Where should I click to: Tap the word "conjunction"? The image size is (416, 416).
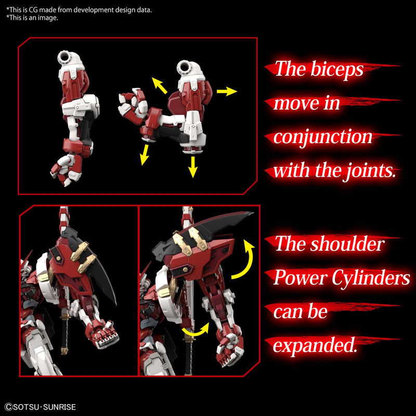pyautogui.click(x=323, y=137)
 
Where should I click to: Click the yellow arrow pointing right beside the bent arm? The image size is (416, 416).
pyautogui.click(x=226, y=92)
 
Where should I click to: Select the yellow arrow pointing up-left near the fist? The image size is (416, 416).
pyautogui.click(x=159, y=85)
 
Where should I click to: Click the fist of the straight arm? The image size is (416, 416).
pyautogui.click(x=62, y=169)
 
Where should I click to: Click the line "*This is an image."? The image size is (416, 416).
pyautogui.click(x=32, y=18)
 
